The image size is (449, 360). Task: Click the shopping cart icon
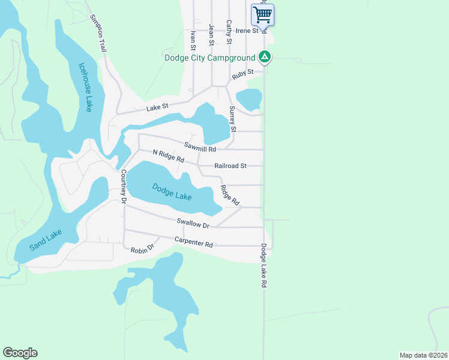(262, 14)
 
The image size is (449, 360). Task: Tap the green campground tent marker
(265, 58)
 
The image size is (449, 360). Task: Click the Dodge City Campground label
(209, 58)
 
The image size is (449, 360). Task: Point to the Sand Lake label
(46, 240)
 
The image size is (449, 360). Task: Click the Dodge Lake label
(172, 191)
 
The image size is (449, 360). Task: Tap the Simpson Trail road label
(97, 34)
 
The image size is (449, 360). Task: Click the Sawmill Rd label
(200, 145)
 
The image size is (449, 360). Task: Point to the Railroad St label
(231, 166)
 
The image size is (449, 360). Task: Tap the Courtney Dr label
(123, 187)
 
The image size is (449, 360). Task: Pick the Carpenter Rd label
(193, 242)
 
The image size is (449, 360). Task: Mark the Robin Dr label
(143, 248)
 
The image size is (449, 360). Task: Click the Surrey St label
(233, 119)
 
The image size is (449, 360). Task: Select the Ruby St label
(243, 74)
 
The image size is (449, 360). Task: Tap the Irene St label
(247, 31)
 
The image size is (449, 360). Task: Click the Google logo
(20, 353)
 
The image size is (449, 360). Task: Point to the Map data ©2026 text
(423, 355)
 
